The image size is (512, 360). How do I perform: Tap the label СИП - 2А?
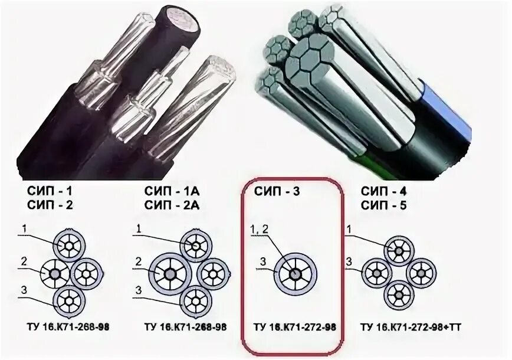coord(171,206)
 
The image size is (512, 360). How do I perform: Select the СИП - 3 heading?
coord(277,192)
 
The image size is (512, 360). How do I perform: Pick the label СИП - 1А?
coord(171,192)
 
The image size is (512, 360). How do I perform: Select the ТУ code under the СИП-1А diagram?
coord(186,326)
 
